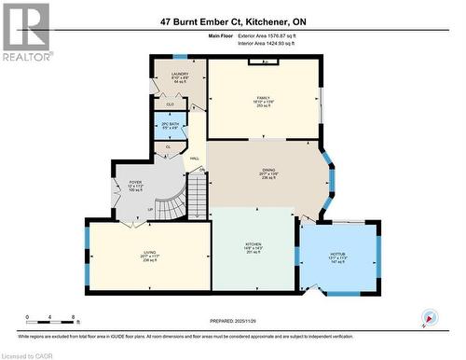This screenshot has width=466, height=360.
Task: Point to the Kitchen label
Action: click(254, 245)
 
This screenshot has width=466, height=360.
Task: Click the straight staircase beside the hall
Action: click(195, 194)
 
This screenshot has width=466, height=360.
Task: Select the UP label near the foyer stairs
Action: click(149, 210)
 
